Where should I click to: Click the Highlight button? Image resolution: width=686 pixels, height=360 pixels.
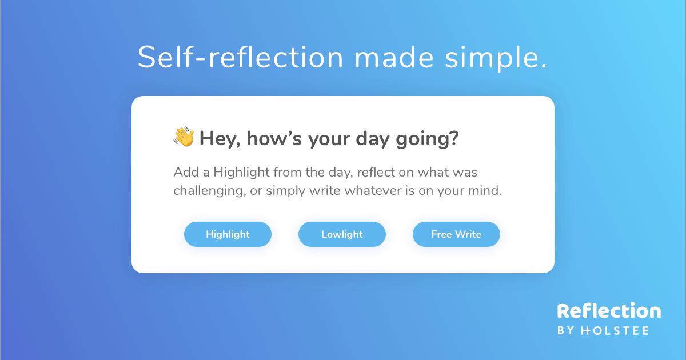click(228, 234)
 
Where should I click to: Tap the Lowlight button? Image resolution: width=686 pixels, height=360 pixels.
click(342, 234)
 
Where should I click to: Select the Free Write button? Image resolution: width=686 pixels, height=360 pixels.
click(456, 234)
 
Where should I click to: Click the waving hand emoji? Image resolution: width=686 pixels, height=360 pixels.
click(184, 137)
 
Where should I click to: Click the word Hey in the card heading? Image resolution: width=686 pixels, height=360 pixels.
click(219, 138)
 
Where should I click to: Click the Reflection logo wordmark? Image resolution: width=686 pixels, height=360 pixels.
click(609, 311)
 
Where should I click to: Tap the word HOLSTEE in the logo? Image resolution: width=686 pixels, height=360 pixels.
click(615, 330)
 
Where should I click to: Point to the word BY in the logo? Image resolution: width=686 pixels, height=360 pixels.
click(565, 330)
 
